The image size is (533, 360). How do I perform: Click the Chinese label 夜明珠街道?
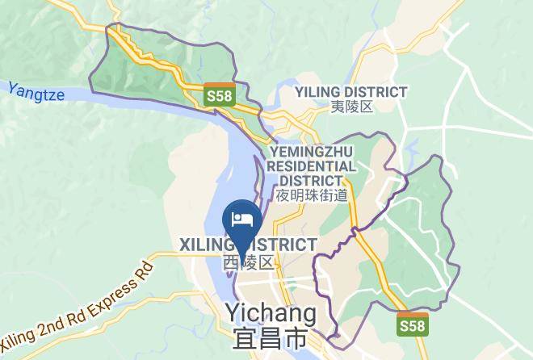pos(311,195)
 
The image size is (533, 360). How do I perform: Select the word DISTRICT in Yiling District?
pos(379,92)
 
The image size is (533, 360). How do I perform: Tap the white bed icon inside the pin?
pos(241,218)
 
